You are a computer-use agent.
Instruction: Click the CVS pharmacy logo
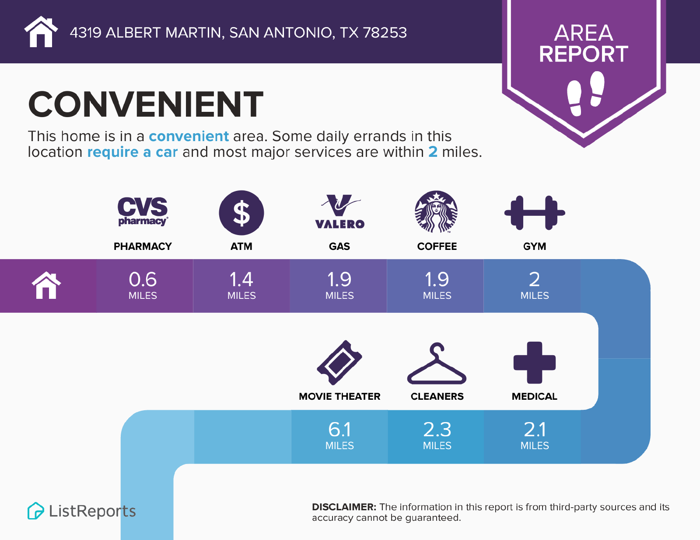point(143,211)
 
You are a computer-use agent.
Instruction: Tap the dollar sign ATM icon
point(241,213)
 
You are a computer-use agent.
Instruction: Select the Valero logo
point(339,211)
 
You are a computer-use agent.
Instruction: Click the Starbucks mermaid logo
point(436,211)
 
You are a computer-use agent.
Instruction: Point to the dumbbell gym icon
point(535,213)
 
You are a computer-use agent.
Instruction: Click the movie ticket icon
point(339,363)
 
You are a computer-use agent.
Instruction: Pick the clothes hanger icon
point(437,363)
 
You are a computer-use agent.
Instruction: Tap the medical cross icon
point(535,363)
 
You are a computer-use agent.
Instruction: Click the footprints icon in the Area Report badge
point(585,93)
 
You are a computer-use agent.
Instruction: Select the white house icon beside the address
point(41,32)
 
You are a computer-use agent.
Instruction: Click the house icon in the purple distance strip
point(46,285)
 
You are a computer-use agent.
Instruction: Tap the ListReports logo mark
point(35,511)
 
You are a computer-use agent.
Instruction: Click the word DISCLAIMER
point(344,507)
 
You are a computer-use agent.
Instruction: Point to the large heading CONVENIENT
point(146,104)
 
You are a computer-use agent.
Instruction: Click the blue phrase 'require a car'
point(133,152)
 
